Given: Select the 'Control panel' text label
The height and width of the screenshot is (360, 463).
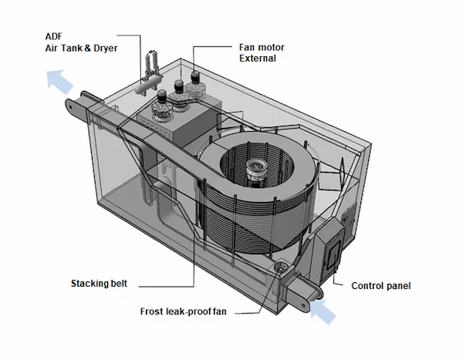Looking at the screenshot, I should tap(381, 285).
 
